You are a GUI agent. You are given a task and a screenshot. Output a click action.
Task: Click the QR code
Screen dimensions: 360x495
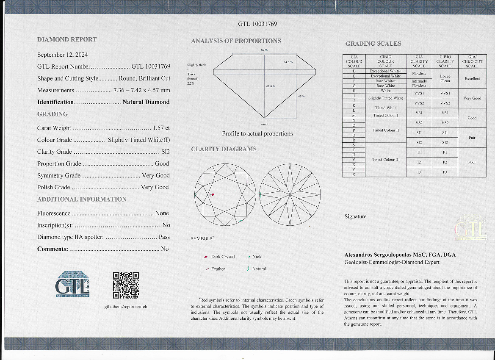click(x=126, y=285)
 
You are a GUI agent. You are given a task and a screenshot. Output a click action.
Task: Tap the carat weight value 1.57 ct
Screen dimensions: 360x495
click(x=161, y=128)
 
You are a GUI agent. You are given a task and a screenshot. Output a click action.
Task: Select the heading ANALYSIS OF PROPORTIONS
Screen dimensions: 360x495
click(x=236, y=41)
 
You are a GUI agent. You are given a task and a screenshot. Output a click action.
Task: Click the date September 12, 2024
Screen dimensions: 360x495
click(x=62, y=55)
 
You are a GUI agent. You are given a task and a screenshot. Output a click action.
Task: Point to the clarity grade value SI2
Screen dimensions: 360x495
click(x=165, y=152)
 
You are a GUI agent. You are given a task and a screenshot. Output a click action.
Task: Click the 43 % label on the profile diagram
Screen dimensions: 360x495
click(x=301, y=97)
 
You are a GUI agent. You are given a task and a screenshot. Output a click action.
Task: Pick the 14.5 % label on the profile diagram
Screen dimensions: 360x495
click(x=288, y=62)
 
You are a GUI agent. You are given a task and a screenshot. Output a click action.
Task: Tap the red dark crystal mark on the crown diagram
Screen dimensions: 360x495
click(x=213, y=195)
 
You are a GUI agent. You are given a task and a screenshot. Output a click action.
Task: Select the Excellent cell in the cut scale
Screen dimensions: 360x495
click(x=472, y=78)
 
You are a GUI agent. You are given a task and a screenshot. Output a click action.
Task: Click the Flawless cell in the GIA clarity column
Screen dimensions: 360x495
click(x=419, y=74)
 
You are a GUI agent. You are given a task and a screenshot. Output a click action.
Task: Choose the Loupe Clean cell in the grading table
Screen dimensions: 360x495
click(x=445, y=78)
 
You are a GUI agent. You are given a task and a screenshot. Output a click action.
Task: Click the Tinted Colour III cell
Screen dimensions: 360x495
click(x=386, y=160)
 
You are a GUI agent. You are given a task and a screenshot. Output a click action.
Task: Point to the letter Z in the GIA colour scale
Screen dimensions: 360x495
click(x=354, y=174)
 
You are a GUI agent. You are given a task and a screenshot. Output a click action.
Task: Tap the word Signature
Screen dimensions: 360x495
click(x=355, y=216)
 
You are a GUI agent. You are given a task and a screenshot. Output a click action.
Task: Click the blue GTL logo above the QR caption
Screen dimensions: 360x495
click(x=72, y=284)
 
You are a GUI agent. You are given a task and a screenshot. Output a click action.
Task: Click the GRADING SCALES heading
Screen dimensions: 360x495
click(x=373, y=44)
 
